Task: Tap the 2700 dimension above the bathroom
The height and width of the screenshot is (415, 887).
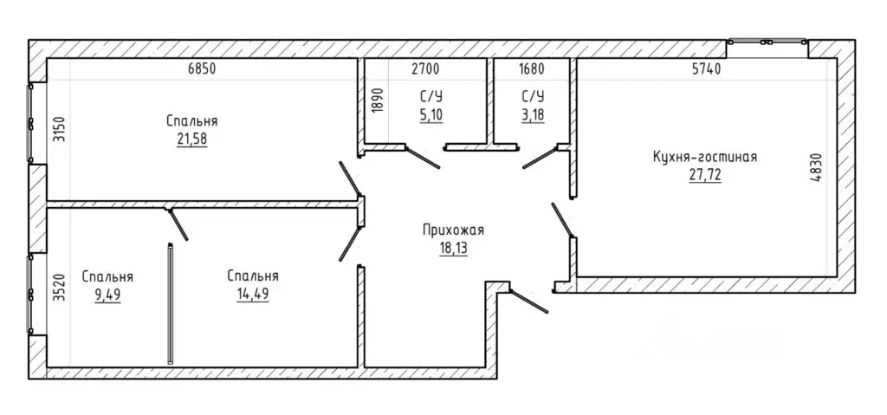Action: [x=424, y=69]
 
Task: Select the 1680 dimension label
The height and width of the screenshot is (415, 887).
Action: [x=531, y=69]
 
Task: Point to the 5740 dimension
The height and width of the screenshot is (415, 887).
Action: [x=706, y=69]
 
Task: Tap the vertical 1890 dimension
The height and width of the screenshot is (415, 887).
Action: [x=379, y=101]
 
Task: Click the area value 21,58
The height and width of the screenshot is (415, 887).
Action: [x=192, y=139]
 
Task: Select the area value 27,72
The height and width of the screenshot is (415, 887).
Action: [x=705, y=175]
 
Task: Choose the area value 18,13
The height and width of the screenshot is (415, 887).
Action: [x=453, y=248]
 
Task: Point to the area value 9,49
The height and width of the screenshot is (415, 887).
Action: [x=107, y=295]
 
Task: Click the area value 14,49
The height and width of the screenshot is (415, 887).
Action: [x=253, y=295]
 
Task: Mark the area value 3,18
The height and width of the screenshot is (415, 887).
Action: [x=532, y=115]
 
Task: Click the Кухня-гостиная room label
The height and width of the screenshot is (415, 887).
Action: [x=705, y=157]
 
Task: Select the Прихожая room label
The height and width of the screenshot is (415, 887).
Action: [x=453, y=230]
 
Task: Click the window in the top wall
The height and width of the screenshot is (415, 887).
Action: [x=767, y=42]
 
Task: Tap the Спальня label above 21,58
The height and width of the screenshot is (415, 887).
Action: [x=192, y=121]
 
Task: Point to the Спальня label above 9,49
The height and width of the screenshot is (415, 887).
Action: [x=107, y=277]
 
